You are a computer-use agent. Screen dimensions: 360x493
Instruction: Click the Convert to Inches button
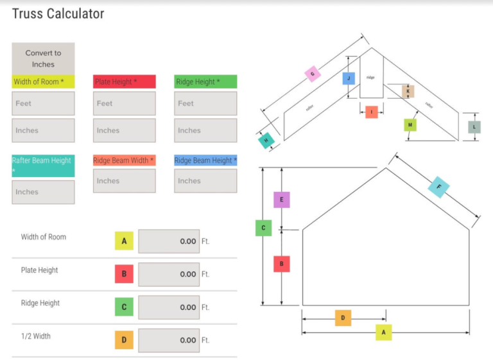pos(43,58)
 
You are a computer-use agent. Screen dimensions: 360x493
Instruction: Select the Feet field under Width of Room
pos(43,103)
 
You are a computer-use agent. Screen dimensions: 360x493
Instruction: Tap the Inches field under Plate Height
pos(125,130)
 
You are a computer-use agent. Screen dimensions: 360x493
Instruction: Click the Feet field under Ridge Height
pos(205,103)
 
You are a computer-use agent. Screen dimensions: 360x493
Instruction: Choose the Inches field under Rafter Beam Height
pos(43,192)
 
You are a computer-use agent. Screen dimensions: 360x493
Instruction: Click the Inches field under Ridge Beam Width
pos(125,181)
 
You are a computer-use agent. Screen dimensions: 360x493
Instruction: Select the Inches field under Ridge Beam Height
pos(205,181)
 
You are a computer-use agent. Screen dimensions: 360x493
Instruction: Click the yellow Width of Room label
pos(43,81)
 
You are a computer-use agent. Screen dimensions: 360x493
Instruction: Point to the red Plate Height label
pos(125,81)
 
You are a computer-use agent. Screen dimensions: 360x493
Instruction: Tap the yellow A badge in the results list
pos(124,241)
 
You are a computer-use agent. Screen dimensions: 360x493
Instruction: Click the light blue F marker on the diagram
pos(439,187)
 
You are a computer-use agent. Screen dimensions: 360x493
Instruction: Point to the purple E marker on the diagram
pos(282,200)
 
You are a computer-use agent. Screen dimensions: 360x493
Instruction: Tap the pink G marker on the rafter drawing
pos(312,74)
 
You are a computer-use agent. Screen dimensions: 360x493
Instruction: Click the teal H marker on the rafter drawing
pos(267,140)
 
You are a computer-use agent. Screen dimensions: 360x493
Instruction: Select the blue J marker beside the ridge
pos(349,79)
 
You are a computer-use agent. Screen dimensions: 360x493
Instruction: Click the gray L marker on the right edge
pos(474,127)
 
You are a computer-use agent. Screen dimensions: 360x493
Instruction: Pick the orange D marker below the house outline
pos(343,318)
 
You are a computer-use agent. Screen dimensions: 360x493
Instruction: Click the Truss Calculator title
pos(58,13)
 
